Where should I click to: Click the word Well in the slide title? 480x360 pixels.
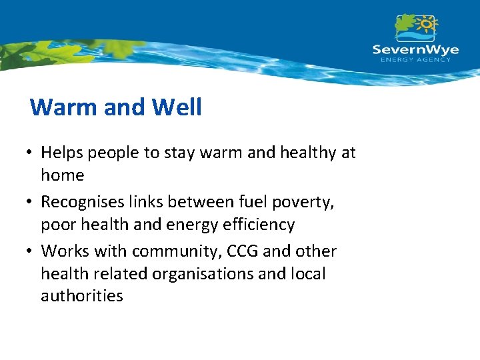(177, 107)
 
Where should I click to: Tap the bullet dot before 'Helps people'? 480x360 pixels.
(31, 153)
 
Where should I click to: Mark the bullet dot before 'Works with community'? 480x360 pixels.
(31, 251)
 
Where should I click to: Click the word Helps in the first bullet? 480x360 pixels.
(61, 153)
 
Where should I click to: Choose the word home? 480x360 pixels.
(63, 175)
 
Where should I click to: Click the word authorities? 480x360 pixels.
(82, 297)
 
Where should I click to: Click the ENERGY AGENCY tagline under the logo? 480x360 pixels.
(415, 60)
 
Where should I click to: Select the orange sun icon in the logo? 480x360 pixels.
(426, 24)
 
